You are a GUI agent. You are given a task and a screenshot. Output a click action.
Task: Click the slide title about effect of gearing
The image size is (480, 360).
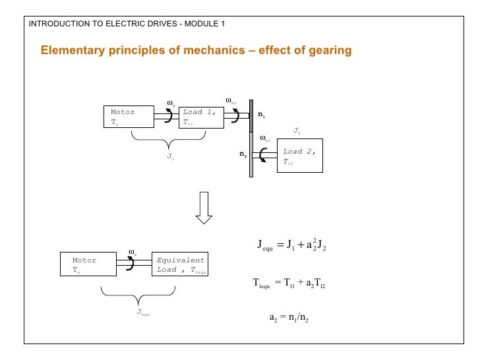pyautogui.click(x=196, y=51)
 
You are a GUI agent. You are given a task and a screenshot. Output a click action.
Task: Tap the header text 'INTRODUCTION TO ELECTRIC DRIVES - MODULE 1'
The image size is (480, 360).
pyautogui.click(x=127, y=24)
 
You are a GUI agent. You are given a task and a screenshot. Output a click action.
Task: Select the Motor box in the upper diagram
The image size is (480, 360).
pyautogui.click(x=129, y=117)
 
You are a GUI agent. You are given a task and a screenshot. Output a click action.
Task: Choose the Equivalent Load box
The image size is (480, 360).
pyautogui.click(x=181, y=264)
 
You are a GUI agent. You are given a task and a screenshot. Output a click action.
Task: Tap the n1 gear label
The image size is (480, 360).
pyautogui.click(x=262, y=115)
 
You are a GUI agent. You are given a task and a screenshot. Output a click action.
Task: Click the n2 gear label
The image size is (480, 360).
pyautogui.click(x=243, y=155)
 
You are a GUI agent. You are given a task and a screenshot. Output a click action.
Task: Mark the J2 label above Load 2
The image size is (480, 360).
pyautogui.click(x=297, y=131)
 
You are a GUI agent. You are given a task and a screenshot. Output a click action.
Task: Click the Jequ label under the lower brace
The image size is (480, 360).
pyautogui.click(x=143, y=313)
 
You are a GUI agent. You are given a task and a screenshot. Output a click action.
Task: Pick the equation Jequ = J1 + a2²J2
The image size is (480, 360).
pyautogui.click(x=292, y=247)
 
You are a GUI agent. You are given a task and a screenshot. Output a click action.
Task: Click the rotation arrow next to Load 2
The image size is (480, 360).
pyautogui.click(x=264, y=155)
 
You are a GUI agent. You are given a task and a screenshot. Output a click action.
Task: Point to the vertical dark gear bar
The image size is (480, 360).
pyautogui.click(x=251, y=138)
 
